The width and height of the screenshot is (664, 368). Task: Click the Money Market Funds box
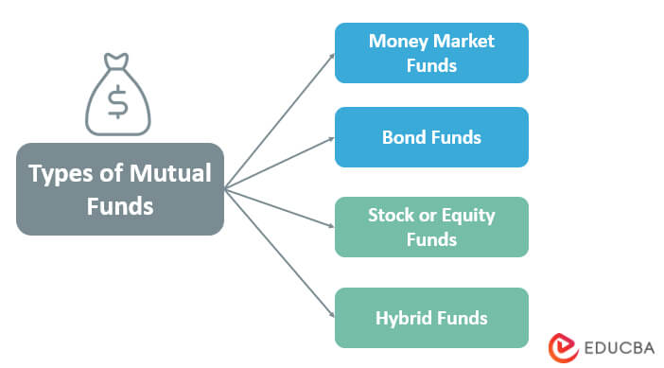(431, 53)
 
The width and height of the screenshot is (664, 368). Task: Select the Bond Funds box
(431, 137)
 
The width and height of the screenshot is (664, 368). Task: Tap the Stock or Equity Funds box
(431, 227)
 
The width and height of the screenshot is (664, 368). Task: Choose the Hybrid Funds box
(431, 318)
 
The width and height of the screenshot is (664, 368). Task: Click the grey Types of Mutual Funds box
(120, 189)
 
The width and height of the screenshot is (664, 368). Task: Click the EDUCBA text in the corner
(614, 345)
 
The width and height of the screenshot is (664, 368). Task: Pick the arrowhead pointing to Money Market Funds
(331, 55)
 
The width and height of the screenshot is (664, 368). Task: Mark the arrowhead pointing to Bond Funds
(331, 139)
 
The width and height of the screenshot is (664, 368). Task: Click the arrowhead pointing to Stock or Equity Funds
(331, 226)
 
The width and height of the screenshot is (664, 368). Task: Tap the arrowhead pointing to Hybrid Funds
(331, 315)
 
